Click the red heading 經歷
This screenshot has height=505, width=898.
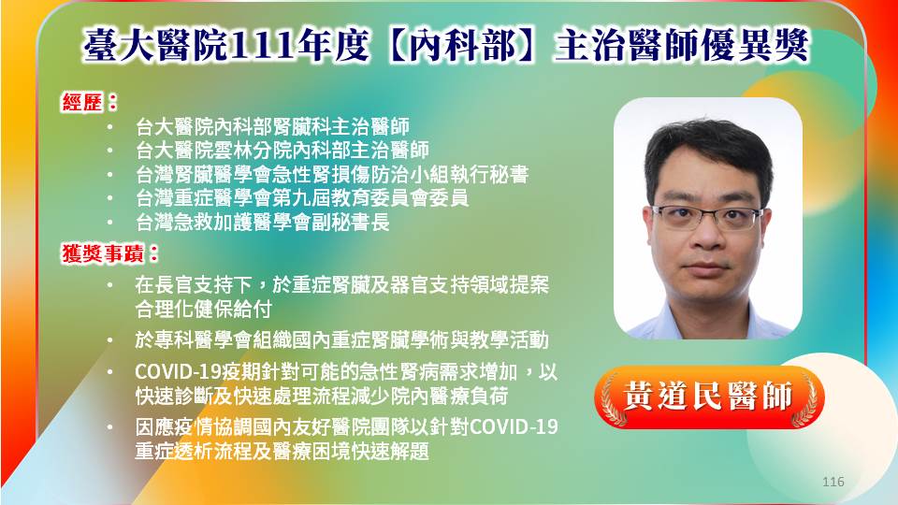[x=82, y=103]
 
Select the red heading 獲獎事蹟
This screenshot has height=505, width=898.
[x=103, y=253]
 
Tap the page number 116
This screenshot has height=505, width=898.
[x=833, y=482]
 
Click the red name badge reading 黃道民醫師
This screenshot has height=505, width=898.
[x=709, y=397]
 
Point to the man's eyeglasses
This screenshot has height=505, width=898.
[x=707, y=217]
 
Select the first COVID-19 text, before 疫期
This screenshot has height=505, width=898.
[x=178, y=372]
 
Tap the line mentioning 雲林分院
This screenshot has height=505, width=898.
[x=282, y=150]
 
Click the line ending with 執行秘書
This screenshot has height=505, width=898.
[x=331, y=174]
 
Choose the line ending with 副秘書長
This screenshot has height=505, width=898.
[x=262, y=222]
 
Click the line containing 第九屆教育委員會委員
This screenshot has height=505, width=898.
[x=302, y=197]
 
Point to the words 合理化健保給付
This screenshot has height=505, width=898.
[x=203, y=310]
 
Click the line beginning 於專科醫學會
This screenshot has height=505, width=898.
[x=342, y=340]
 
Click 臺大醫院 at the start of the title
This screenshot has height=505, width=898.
[x=156, y=46]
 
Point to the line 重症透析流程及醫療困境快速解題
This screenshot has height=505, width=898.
[x=282, y=451]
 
